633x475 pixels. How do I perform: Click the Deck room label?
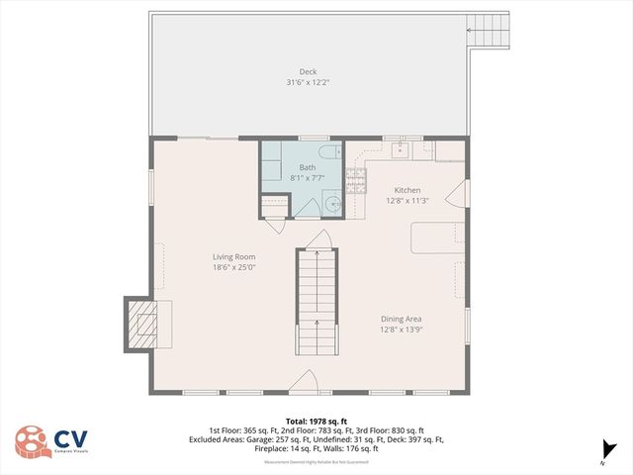(309, 71)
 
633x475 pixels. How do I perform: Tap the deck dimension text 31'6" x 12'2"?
(309, 82)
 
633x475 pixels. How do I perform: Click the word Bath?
(308, 167)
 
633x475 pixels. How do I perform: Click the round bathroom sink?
(334, 205)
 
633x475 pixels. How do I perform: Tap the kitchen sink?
(401, 150)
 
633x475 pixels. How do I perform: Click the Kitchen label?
(407, 190)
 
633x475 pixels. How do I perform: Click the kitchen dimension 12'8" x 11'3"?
(407, 201)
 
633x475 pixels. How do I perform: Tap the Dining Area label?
(402, 319)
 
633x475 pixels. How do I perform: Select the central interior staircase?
(316, 302)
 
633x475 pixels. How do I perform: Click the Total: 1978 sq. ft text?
(316, 421)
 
